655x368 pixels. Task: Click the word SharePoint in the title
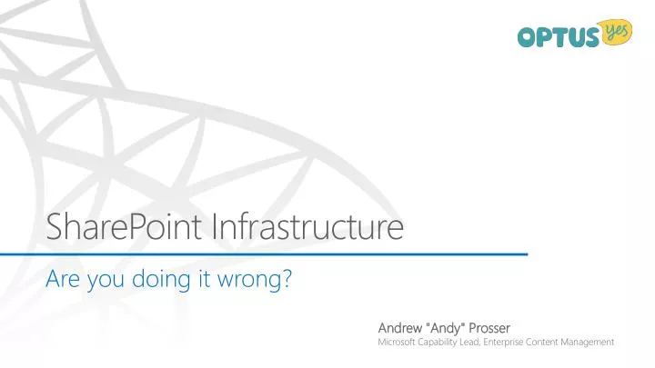tap(125, 225)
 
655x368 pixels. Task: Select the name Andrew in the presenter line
tap(399, 325)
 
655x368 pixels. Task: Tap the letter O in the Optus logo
tap(529, 37)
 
